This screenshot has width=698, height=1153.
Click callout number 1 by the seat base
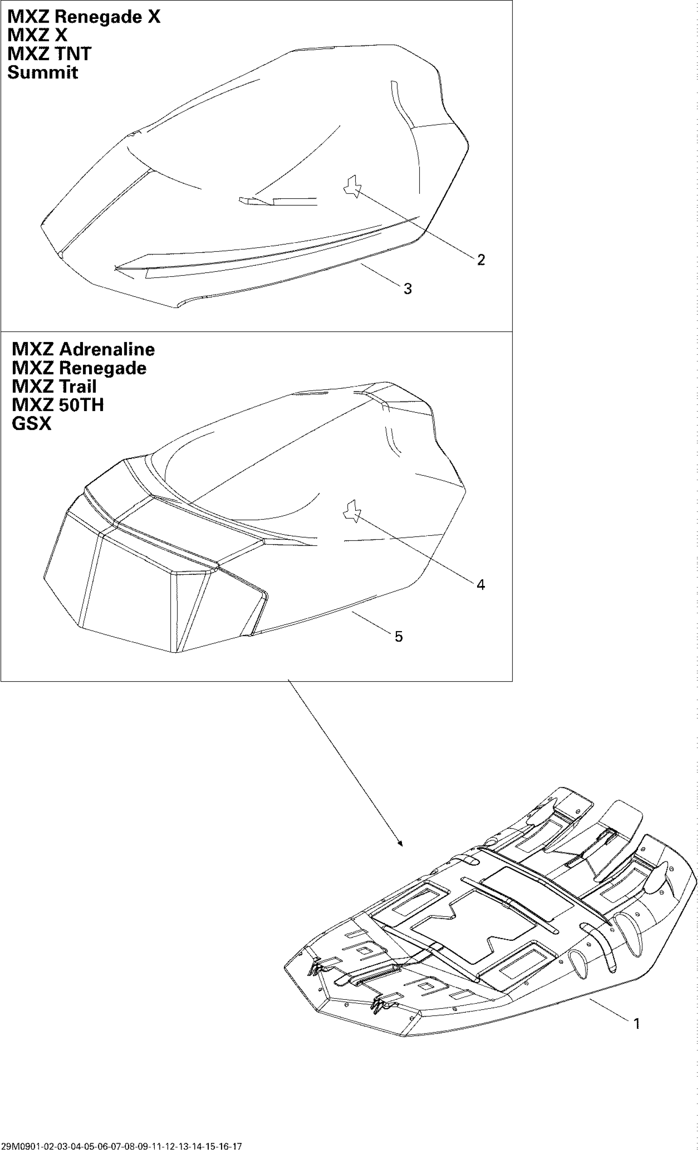[636, 1023]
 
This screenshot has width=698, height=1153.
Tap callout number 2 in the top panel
[481, 260]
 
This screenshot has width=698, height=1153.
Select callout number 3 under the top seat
[407, 289]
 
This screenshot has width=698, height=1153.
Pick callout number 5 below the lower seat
[398, 636]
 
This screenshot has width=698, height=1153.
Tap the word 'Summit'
[43, 73]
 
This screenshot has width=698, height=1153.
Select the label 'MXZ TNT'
[49, 54]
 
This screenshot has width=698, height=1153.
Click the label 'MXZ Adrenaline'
[83, 349]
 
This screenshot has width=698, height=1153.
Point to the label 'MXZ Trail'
[54, 386]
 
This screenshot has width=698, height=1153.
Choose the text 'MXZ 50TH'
[58, 405]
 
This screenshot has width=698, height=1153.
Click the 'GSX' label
[31, 423]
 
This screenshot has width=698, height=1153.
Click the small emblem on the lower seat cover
[351, 511]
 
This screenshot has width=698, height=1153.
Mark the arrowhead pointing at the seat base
[400, 845]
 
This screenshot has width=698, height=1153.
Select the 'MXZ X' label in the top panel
[37, 35]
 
